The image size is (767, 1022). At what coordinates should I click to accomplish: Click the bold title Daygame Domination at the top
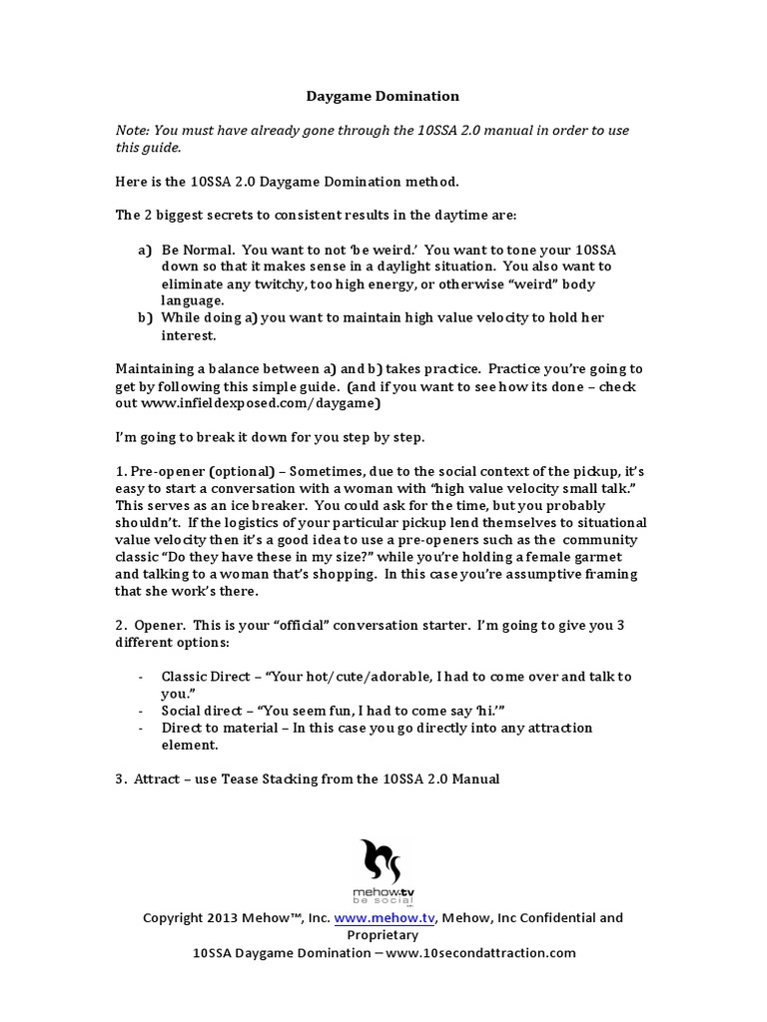pos(383,97)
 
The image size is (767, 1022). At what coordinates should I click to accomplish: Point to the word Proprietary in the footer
pos(383,935)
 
